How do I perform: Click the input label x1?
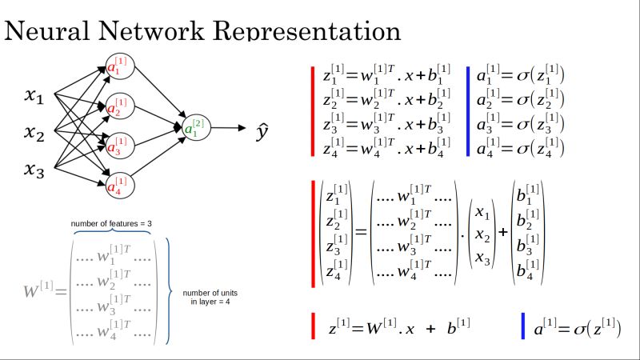pos(34,98)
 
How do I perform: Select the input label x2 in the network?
pos(34,133)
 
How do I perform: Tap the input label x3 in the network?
pos(34,169)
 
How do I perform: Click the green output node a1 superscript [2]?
pos(194,126)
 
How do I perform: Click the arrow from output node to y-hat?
pos(229,127)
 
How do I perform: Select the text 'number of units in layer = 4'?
pos(210,297)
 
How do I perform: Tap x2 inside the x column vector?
pos(482,235)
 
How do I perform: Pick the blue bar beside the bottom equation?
pos(522,326)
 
